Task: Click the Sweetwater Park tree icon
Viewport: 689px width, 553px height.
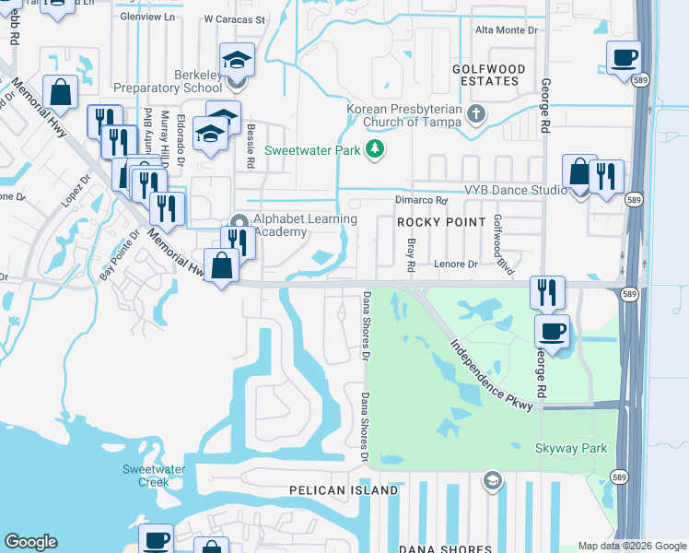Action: click(375, 149)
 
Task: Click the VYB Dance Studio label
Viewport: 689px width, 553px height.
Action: click(515, 190)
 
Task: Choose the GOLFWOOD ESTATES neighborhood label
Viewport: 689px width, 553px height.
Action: click(488, 75)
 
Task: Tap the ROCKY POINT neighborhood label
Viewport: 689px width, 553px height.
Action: click(440, 222)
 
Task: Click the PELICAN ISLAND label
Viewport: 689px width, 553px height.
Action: click(344, 490)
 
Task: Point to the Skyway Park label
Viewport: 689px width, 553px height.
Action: click(571, 448)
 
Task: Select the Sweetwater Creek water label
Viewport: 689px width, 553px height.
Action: click(146, 475)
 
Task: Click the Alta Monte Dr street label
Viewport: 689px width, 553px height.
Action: click(506, 30)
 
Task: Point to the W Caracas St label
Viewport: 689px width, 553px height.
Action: click(234, 18)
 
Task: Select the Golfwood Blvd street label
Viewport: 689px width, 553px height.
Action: click(503, 236)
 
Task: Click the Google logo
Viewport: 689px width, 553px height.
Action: click(31, 542)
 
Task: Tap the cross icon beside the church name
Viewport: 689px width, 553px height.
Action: click(475, 115)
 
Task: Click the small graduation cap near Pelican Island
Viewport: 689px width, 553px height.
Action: click(493, 480)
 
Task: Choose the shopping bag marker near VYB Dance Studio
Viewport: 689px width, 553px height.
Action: click(578, 172)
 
